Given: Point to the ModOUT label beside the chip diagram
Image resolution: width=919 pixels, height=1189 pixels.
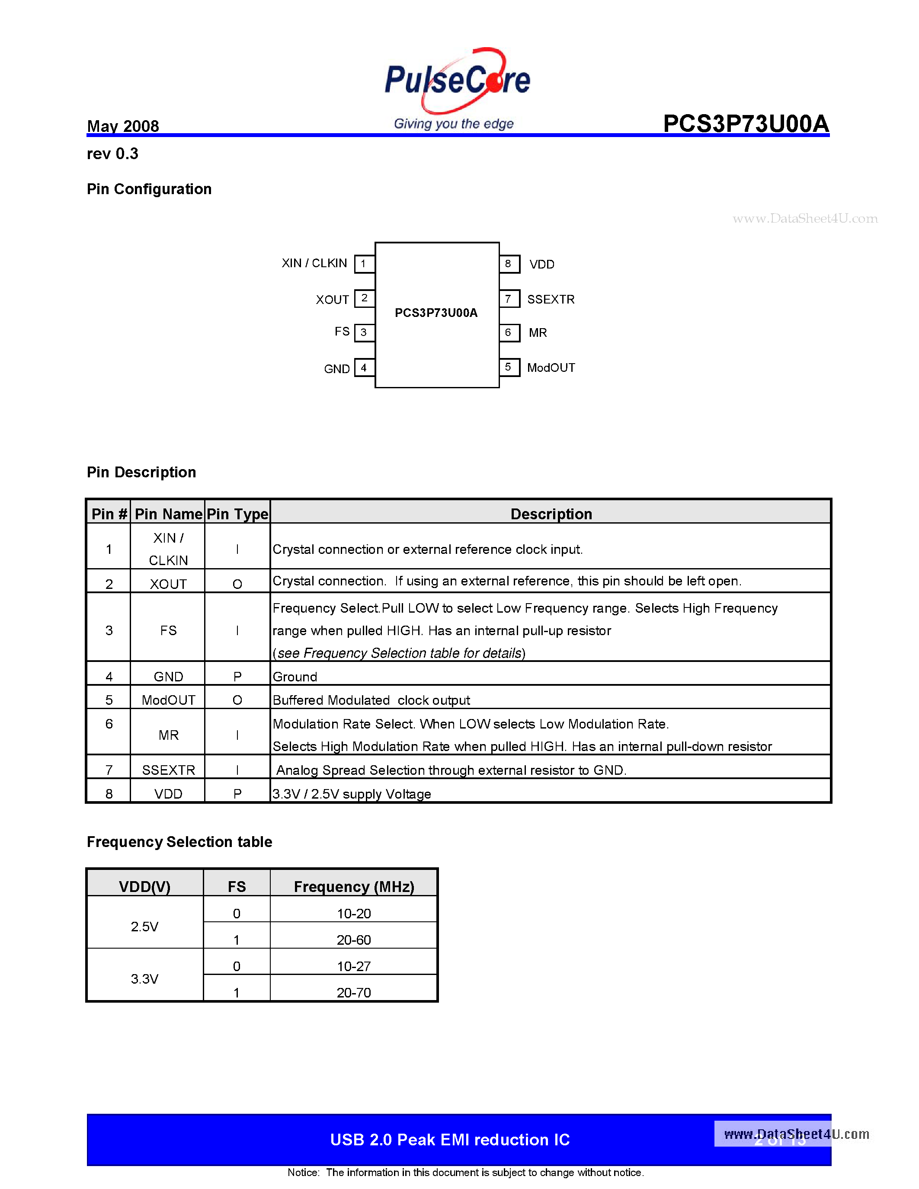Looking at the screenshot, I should coord(551,368).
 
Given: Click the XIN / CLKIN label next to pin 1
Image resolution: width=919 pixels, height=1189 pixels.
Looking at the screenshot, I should coord(314,263).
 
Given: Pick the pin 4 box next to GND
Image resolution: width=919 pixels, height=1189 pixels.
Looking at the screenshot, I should coord(364,368).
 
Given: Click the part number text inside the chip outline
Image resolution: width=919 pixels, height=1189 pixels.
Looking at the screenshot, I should coord(436,313).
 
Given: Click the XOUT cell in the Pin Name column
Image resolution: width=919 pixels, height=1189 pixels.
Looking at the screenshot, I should coord(168,584).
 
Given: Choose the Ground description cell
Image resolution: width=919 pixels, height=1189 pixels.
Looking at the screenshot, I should coord(295,677).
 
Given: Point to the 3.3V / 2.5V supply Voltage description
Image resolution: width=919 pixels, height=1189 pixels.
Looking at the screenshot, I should coord(352,794).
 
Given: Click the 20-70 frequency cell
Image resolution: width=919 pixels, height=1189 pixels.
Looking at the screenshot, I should coord(353,992).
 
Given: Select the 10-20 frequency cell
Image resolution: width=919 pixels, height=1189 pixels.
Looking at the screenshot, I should coord(353,914).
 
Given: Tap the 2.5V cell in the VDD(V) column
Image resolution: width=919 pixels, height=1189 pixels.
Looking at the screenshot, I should coord(144,927).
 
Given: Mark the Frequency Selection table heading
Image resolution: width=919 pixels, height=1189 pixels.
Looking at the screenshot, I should coord(179,842).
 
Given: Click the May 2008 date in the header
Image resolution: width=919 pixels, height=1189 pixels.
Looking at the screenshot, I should coord(123,126).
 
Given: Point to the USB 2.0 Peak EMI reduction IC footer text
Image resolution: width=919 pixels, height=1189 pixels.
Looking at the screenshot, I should coord(450,1139).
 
